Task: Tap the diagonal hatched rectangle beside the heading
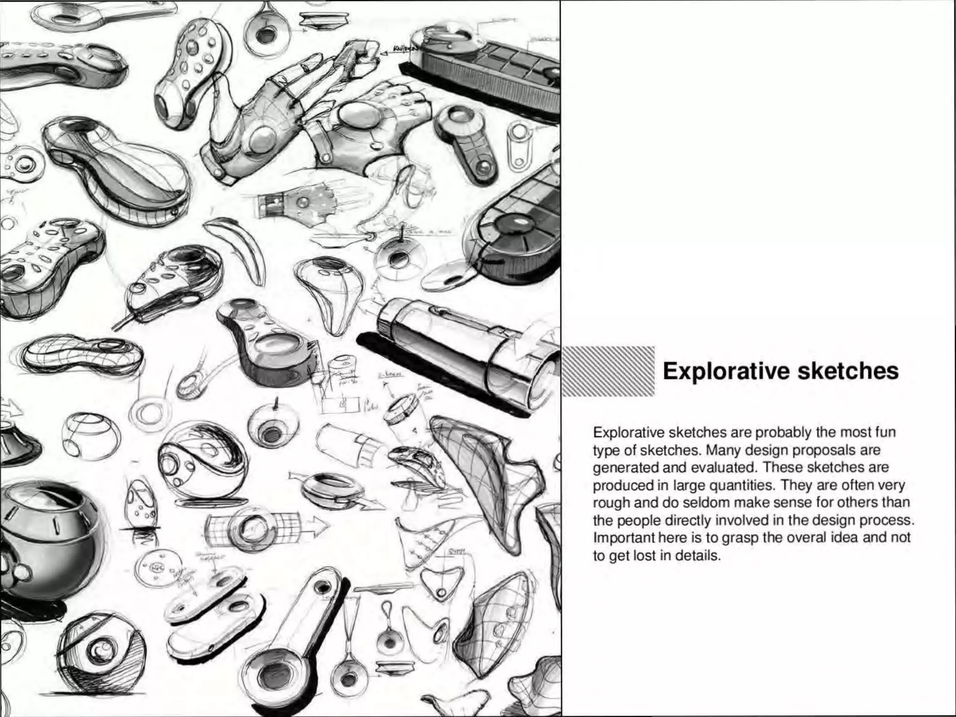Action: coord(608,372)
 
